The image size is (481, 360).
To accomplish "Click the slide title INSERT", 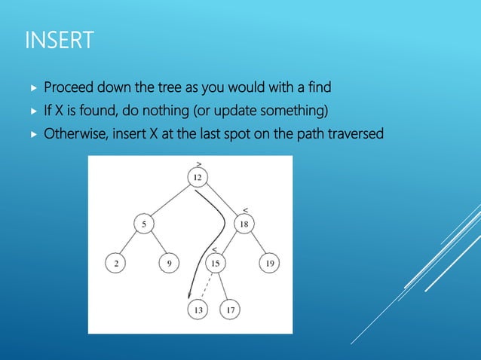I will click(60, 39).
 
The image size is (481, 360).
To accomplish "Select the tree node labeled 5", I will click(142, 224).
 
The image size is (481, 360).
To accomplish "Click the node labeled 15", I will click(216, 264).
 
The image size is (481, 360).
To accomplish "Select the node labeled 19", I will click(271, 264).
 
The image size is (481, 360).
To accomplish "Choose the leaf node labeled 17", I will click(231, 310).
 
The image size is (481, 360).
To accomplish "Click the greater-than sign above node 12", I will click(198, 163).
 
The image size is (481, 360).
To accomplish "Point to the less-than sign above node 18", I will click(246, 209).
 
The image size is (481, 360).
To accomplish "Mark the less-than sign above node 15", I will click(214, 249).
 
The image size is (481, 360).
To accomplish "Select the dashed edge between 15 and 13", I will click(206, 287).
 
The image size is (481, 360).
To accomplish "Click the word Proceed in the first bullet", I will click(69, 88).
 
